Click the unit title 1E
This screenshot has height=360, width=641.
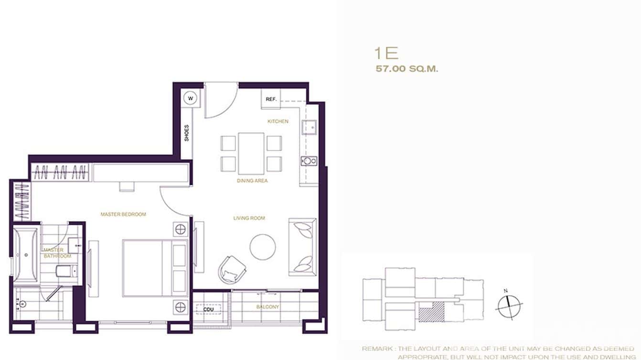click(387, 53)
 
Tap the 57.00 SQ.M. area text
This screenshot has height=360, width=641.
click(407, 69)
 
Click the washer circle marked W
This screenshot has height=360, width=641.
click(191, 98)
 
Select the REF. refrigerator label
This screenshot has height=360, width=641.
click(271, 99)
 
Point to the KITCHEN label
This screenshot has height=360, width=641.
click(278, 121)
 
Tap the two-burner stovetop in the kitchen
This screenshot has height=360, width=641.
click(309, 161)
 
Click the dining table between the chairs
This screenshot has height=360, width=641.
click(251, 153)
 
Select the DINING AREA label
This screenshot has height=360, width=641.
click(252, 181)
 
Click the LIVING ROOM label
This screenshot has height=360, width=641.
click(249, 218)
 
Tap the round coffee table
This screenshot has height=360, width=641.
click(263, 247)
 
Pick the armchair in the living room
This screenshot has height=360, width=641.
click(232, 269)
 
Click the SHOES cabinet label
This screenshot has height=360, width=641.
click(187, 133)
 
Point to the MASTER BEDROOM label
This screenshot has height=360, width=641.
click(123, 214)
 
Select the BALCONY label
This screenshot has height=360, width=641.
click(267, 307)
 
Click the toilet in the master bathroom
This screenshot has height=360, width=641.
click(64, 272)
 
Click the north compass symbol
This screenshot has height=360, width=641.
click(509, 306)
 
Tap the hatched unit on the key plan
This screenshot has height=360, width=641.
click(431, 313)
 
